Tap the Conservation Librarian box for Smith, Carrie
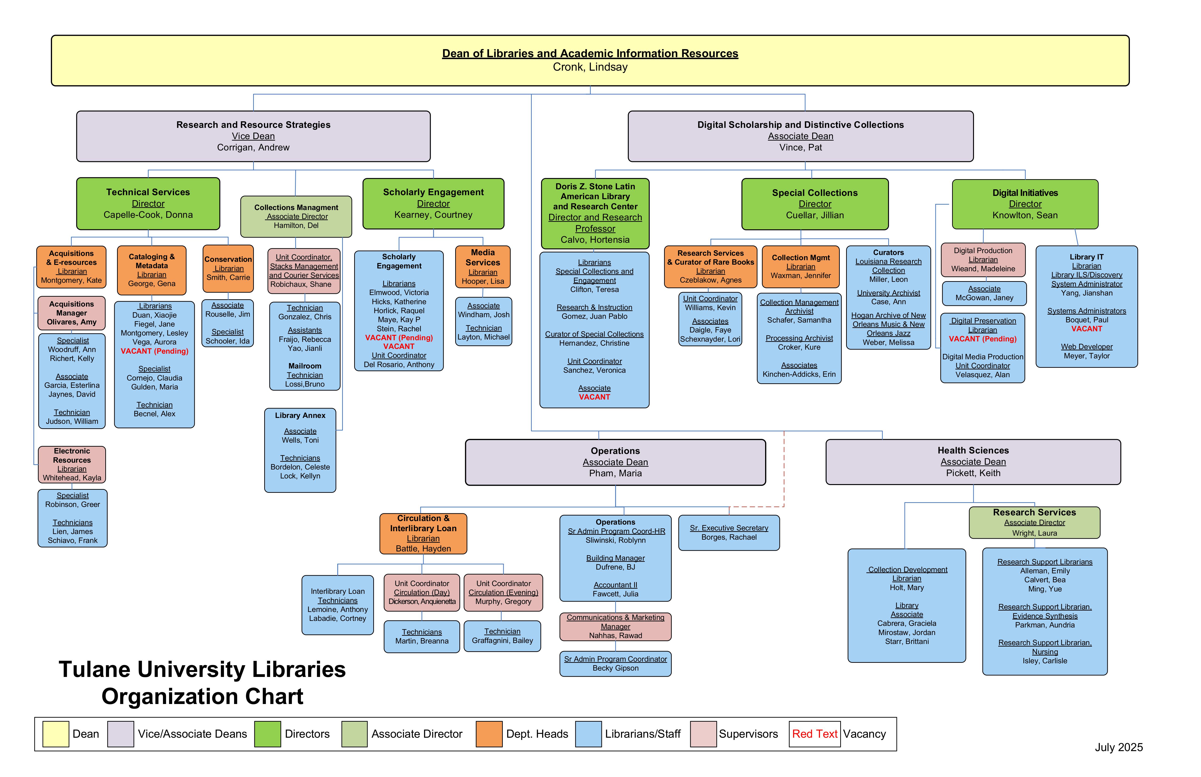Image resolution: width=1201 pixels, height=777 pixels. pyautogui.click(x=228, y=268)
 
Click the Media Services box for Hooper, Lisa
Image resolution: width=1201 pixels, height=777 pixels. pyautogui.click(x=483, y=266)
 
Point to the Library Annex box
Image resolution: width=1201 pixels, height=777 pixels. pyautogui.click(x=300, y=450)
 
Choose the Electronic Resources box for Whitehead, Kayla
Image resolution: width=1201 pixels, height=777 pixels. pyautogui.click(x=72, y=464)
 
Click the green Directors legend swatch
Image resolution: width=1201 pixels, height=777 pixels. pyautogui.click(x=268, y=734)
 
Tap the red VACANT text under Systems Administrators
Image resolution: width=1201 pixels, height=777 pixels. pyautogui.click(x=1087, y=329)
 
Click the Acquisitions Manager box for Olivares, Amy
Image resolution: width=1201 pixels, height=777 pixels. pyautogui.click(x=72, y=313)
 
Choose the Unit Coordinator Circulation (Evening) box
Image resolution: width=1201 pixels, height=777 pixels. pyautogui.click(x=503, y=592)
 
